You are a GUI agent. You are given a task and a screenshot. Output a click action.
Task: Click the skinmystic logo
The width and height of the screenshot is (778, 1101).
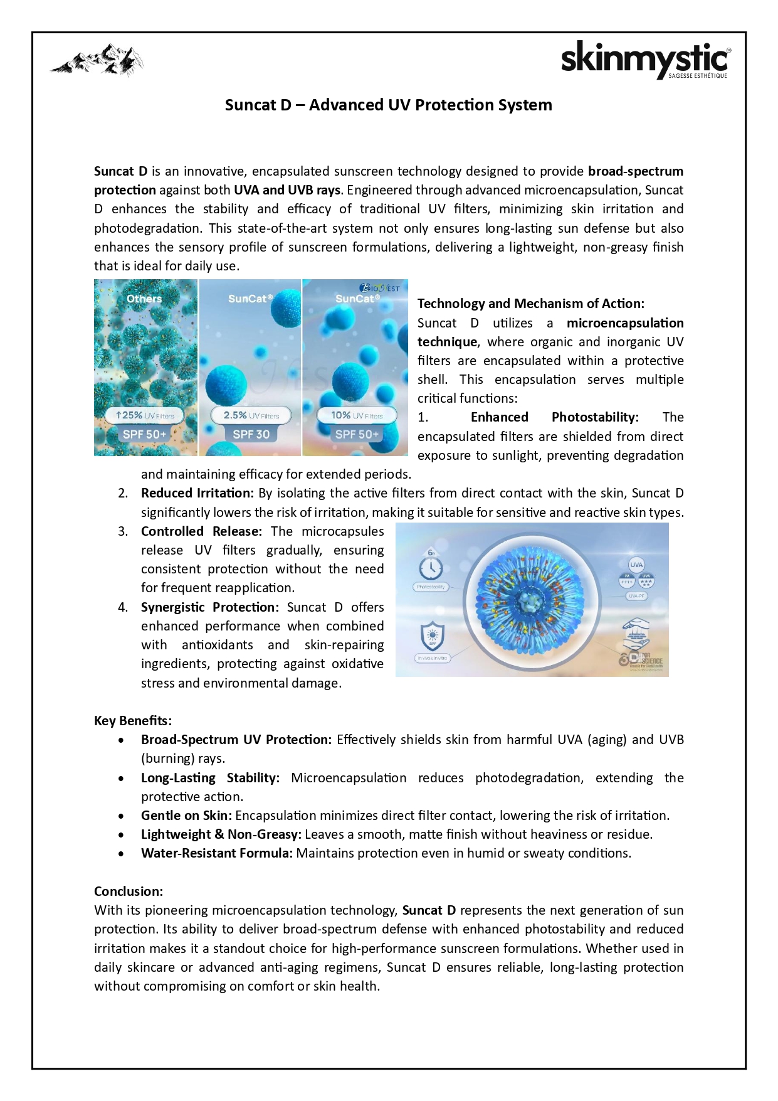[x=645, y=60]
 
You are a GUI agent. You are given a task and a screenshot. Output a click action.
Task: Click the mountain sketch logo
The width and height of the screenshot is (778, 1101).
[x=97, y=60]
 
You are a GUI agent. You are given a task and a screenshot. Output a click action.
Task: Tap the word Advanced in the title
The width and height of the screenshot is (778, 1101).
[x=346, y=105]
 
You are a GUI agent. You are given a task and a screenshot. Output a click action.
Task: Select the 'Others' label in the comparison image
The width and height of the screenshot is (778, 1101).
[x=144, y=299]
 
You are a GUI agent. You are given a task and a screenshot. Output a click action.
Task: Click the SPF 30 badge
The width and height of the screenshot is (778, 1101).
[x=251, y=434]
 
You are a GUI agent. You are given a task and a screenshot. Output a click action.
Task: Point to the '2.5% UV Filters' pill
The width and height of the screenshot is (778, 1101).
[x=251, y=415]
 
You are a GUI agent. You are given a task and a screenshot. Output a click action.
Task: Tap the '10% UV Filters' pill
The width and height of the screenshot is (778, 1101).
[x=356, y=415]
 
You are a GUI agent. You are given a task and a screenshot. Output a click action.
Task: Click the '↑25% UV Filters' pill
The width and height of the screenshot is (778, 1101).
[x=145, y=415]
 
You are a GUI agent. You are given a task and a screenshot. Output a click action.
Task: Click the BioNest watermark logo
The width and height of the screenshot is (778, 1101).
[x=380, y=288]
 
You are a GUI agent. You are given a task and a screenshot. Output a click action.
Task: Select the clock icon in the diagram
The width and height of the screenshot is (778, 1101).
[x=431, y=568]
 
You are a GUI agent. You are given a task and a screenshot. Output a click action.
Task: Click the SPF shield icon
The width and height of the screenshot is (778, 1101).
[x=432, y=636]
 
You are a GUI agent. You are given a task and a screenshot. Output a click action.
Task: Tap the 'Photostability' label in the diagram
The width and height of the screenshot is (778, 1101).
[x=431, y=587]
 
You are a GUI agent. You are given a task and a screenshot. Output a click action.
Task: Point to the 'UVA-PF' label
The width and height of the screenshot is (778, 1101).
[x=636, y=596]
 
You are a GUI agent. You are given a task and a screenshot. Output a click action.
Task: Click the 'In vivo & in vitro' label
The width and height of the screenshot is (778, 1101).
[x=432, y=658]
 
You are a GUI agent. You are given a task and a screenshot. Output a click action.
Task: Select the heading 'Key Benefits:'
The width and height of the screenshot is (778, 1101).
[x=132, y=720]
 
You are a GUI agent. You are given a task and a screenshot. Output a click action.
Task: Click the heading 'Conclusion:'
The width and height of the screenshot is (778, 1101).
[x=129, y=891]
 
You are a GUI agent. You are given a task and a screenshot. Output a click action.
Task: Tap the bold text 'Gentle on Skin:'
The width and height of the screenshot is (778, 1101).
[x=186, y=815]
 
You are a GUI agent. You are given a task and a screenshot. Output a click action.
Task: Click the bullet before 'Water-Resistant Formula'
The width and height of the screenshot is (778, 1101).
[x=121, y=853]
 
